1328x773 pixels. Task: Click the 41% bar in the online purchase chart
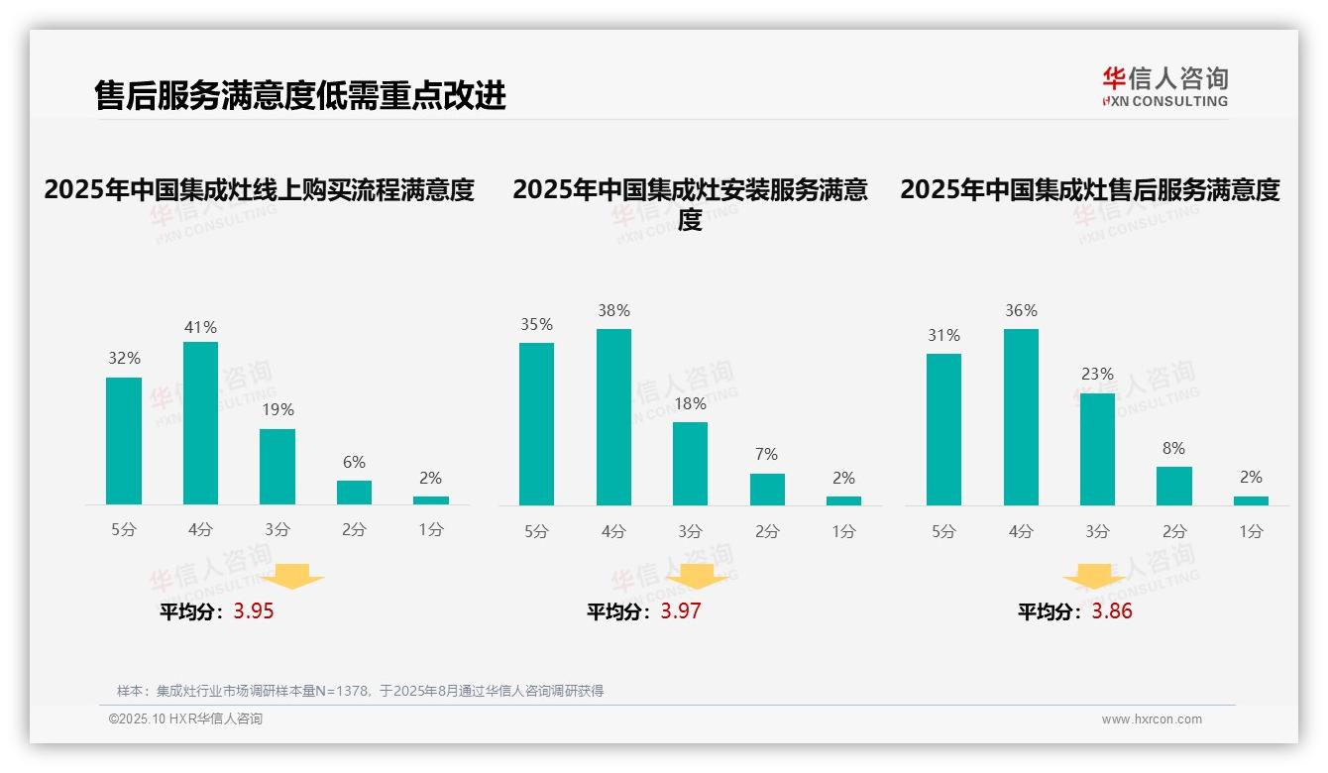pyautogui.click(x=200, y=423)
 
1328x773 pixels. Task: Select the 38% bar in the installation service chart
pyautogui.click(x=613, y=417)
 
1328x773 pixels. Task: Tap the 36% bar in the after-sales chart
pyautogui.click(x=1021, y=417)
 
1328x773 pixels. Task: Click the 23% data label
pyautogui.click(x=1097, y=375)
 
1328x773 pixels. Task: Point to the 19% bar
pyautogui.click(x=277, y=467)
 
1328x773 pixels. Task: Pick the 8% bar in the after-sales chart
pyautogui.click(x=1173, y=486)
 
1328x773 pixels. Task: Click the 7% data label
pyautogui.click(x=766, y=455)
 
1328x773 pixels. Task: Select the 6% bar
pyautogui.click(x=354, y=493)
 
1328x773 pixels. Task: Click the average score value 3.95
pyautogui.click(x=254, y=611)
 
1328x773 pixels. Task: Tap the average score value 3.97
pyautogui.click(x=681, y=611)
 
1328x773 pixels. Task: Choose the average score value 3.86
pyautogui.click(x=1112, y=611)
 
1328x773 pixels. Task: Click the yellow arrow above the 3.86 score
pyautogui.click(x=1094, y=578)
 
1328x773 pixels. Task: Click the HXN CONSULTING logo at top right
pyautogui.click(x=1164, y=86)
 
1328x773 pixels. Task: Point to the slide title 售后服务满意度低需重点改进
pyautogui.click(x=300, y=95)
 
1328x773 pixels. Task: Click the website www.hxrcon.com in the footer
pyautogui.click(x=1152, y=719)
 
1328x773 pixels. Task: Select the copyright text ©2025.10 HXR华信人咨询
pyautogui.click(x=185, y=719)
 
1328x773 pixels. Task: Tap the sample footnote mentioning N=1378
pyautogui.click(x=360, y=691)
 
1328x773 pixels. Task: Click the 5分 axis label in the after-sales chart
pyautogui.click(x=943, y=531)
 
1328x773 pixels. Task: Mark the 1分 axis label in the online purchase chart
pyautogui.click(x=431, y=530)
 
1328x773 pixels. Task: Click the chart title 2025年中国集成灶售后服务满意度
pyautogui.click(x=1090, y=189)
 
